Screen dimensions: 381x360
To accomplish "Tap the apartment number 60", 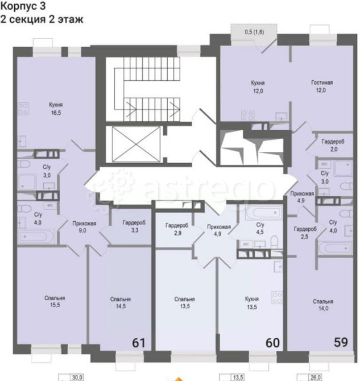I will [x=272, y=342].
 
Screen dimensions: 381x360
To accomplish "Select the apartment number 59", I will [x=340, y=342].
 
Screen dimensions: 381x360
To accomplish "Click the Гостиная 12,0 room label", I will [x=322, y=86].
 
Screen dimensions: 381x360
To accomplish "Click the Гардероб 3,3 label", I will [x=134, y=227].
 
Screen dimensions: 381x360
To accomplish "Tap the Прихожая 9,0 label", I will [x=83, y=227].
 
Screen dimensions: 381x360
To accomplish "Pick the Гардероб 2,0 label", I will [x=331, y=145].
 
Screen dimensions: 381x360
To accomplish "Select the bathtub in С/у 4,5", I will [x=263, y=214].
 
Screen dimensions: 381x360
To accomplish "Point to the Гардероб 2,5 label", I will [x=305, y=233].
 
